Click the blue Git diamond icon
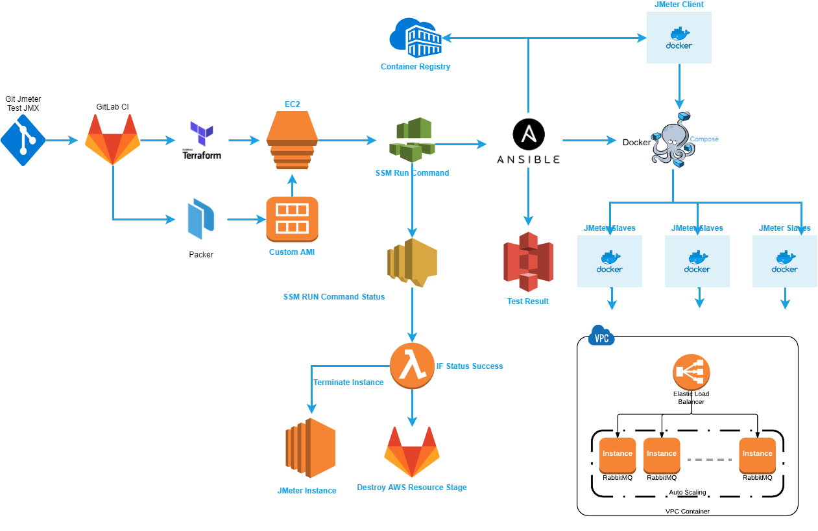[23, 140]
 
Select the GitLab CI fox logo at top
[112, 139]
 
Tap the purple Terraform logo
[201, 134]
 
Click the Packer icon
[200, 220]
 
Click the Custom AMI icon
[292, 219]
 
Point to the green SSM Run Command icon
[411, 140]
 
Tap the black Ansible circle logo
[529, 134]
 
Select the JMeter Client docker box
[679, 38]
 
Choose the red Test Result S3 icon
[528, 262]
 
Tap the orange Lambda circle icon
[412, 366]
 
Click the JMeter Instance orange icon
[310, 448]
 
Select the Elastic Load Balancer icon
[691, 373]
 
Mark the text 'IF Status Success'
[470, 366]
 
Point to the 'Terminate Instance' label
[348, 383]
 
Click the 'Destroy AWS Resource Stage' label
[411, 488]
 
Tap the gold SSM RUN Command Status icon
[412, 263]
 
